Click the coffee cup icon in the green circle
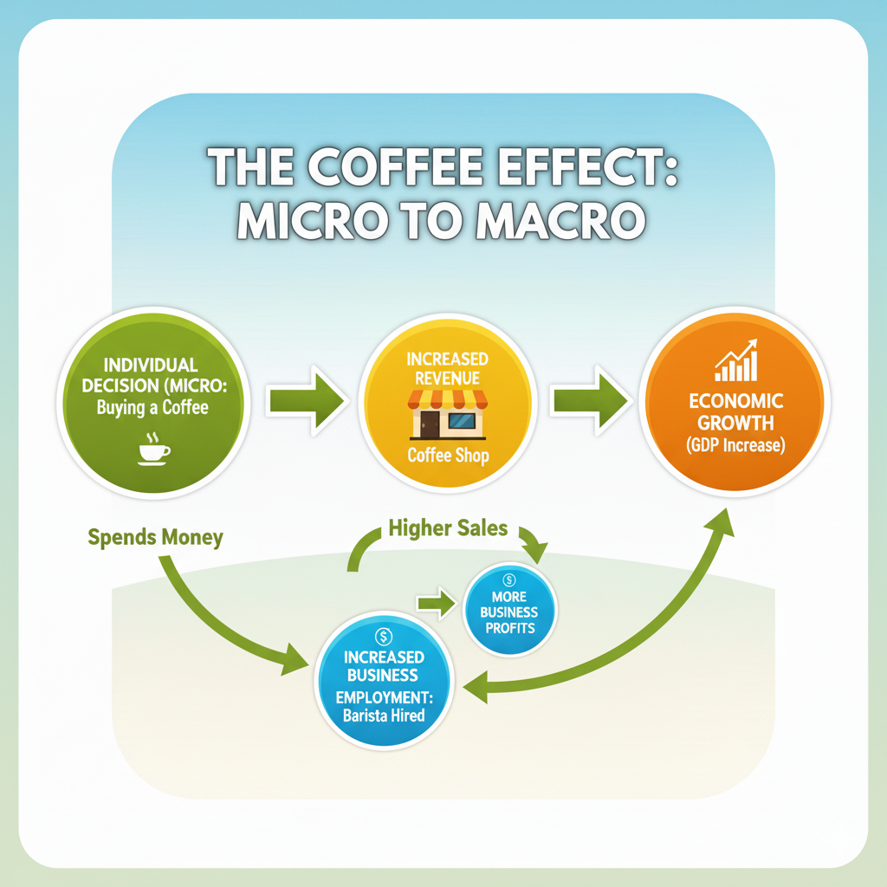pyautogui.click(x=154, y=450)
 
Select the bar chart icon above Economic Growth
pyautogui.click(x=735, y=361)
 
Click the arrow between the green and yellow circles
pyautogui.click(x=307, y=401)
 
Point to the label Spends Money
pyautogui.click(x=156, y=537)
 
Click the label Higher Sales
pyautogui.click(x=448, y=528)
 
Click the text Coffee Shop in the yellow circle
pyautogui.click(x=448, y=455)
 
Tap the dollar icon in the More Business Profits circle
pyautogui.click(x=509, y=580)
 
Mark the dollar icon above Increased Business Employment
pyautogui.click(x=384, y=637)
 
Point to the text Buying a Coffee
pyautogui.click(x=153, y=407)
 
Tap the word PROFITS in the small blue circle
pyautogui.click(x=509, y=628)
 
